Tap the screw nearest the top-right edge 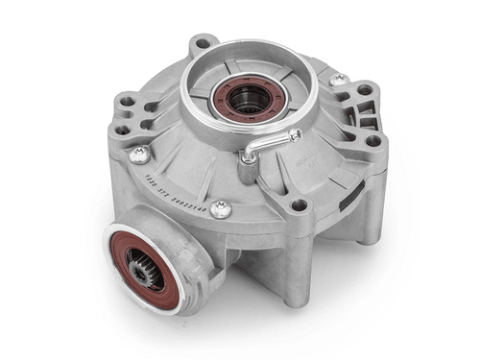(x=337, y=81)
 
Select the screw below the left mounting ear (x=140, y=154)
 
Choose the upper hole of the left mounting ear (x=126, y=99)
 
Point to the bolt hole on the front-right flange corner (x=299, y=204)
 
